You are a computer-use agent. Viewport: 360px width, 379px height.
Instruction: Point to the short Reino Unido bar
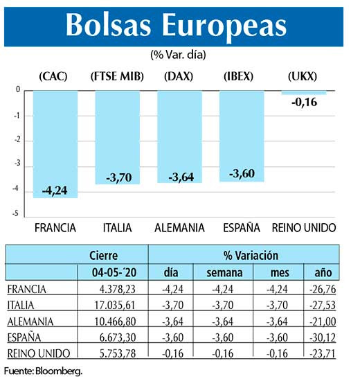tap(303, 92)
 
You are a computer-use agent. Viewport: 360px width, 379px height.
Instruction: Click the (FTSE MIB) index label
tap(117, 76)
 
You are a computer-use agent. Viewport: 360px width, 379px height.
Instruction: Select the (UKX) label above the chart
tap(303, 76)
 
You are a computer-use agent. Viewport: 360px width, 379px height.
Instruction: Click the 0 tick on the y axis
tap(17, 90)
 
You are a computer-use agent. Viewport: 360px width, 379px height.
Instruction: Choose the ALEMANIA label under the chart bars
tap(179, 227)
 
